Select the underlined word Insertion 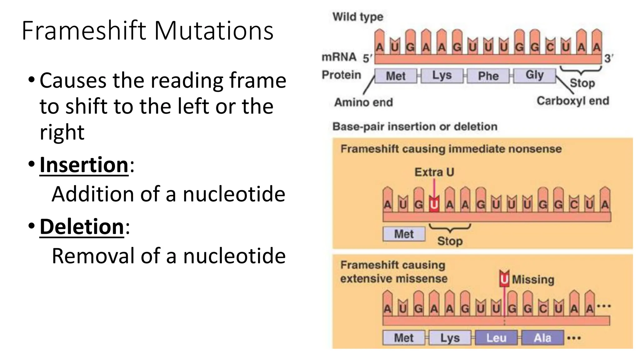pos(84,165)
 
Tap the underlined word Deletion pos(82,227)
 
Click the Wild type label pos(357,17)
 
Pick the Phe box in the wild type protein pos(488,76)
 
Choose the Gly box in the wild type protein pos(534,75)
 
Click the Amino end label pos(363,102)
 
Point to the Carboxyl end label pos(573,101)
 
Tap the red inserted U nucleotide pos(434,205)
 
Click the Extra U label pos(434,172)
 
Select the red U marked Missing pos(504,279)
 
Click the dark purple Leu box pos(496,338)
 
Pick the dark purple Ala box pos(542,338)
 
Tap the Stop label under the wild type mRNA pos(582,83)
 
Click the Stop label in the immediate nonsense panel pos(450,241)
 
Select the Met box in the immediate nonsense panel pos(404,234)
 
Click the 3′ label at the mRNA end pos(608,58)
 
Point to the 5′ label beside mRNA pos(367,58)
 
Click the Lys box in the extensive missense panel pos(450,338)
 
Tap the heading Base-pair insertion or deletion pos(415,127)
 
